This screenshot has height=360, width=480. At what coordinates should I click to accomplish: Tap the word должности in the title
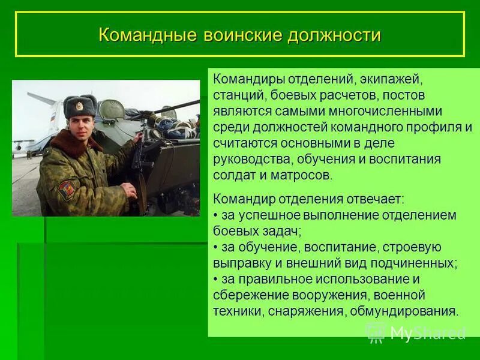(334, 34)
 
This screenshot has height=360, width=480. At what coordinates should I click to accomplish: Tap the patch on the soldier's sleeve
(67, 190)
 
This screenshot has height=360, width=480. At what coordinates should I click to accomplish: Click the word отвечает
(374, 199)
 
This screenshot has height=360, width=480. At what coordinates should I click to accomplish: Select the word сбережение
(251, 295)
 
